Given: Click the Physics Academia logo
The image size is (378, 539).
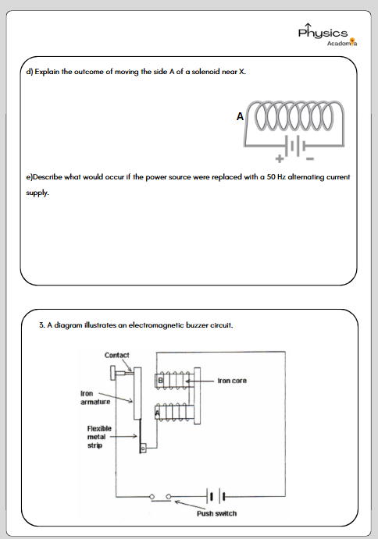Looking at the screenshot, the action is (x=327, y=35).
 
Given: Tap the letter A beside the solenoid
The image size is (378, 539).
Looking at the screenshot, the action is (x=240, y=116).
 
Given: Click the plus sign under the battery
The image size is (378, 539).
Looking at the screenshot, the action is (x=280, y=158).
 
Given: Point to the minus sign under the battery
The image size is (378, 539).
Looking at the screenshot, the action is (x=310, y=158).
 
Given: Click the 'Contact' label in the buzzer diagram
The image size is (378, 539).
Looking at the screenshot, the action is (x=116, y=355).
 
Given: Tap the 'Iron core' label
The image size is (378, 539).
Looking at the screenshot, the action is (x=232, y=381).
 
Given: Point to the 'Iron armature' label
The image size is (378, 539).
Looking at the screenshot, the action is (x=95, y=397).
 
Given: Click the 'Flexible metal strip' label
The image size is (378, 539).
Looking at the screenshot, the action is (x=99, y=437).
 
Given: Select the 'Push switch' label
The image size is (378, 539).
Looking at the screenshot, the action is (x=216, y=513).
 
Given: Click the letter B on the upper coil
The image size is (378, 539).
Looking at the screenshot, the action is (x=160, y=381).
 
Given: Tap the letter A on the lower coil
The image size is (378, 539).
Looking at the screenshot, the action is (x=157, y=412).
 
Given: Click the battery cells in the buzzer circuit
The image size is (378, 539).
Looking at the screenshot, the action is (x=216, y=496).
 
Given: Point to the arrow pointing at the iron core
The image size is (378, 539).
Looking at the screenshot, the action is (x=200, y=381).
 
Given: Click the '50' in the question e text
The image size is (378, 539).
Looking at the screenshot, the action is (x=271, y=177).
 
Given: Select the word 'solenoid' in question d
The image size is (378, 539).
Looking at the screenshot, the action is (x=205, y=72).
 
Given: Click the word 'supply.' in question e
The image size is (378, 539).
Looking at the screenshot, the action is (x=37, y=193).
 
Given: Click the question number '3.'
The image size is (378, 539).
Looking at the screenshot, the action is (x=41, y=324).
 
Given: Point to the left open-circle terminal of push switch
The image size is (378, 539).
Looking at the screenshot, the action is (x=152, y=497).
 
